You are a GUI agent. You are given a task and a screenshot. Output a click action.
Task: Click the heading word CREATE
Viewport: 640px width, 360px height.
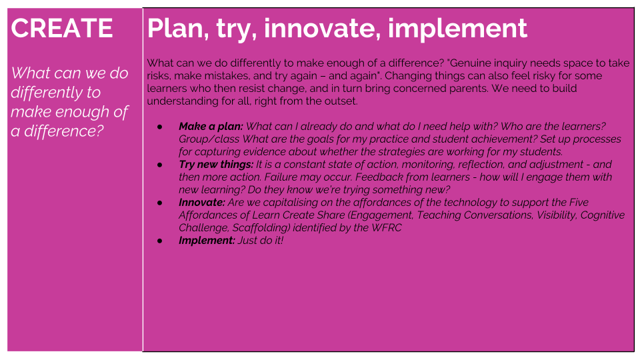point(61,28)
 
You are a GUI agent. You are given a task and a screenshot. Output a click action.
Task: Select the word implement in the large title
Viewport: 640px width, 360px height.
point(457,29)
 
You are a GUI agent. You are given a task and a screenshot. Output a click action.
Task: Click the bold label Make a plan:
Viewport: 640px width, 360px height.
point(211,127)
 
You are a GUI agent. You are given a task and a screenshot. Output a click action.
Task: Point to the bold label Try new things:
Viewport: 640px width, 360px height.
point(216,165)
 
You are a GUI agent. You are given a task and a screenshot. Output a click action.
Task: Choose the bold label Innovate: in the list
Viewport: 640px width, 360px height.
point(201,203)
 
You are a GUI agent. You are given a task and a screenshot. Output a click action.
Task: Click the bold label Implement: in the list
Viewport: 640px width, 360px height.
point(207,241)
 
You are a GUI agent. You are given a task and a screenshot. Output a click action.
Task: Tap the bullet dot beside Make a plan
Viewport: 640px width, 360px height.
point(159,127)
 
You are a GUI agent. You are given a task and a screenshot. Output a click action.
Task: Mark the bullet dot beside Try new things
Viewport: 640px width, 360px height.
point(159,165)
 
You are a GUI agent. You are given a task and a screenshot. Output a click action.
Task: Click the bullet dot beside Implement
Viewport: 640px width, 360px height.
point(159,241)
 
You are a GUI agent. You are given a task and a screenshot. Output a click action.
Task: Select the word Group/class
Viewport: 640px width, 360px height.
point(209,139)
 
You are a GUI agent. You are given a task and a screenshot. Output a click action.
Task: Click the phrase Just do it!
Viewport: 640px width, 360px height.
point(261,241)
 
